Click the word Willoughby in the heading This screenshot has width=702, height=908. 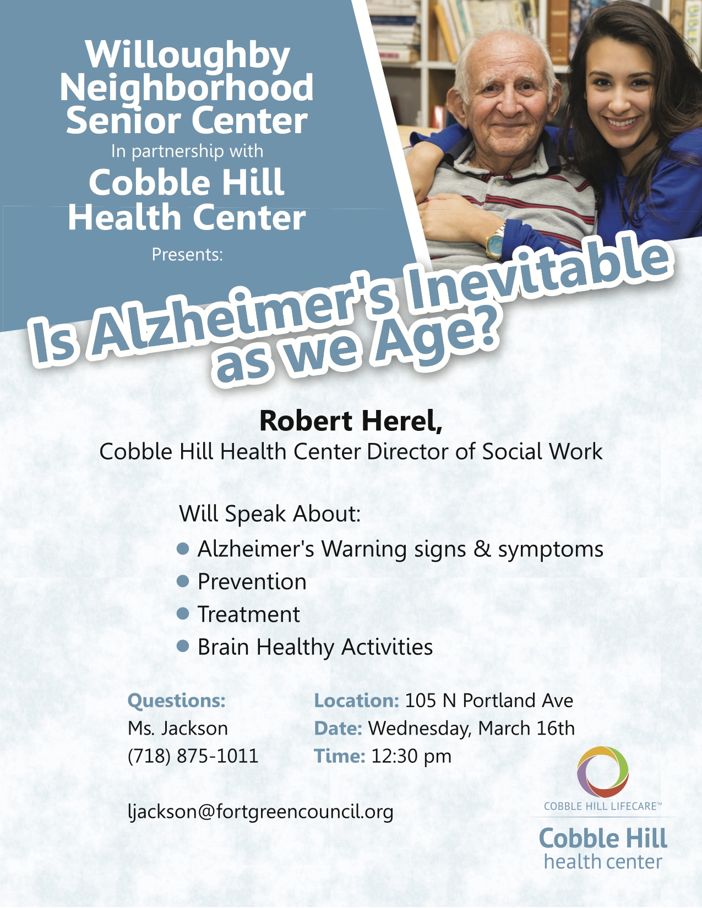pos(187,56)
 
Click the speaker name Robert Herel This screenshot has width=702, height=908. pos(350,420)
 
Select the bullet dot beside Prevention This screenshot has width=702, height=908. pos(183,581)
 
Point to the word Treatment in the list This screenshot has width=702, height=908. pos(249,614)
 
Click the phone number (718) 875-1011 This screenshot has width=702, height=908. pos(193,756)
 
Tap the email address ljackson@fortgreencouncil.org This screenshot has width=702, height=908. pos(260,812)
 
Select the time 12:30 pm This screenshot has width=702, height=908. pos(411,756)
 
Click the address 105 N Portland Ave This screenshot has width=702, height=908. pos(489,701)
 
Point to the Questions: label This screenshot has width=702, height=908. pos(176,701)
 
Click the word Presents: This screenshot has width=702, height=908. pos(187,254)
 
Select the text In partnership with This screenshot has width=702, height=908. pos(187,151)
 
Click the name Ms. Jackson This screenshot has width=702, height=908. pos(178,728)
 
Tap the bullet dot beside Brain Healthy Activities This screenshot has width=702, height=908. pos(183,646)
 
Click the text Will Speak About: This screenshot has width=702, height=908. pos(270,513)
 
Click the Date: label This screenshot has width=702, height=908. pos(338,728)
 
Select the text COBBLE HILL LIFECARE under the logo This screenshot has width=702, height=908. pos(600,806)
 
